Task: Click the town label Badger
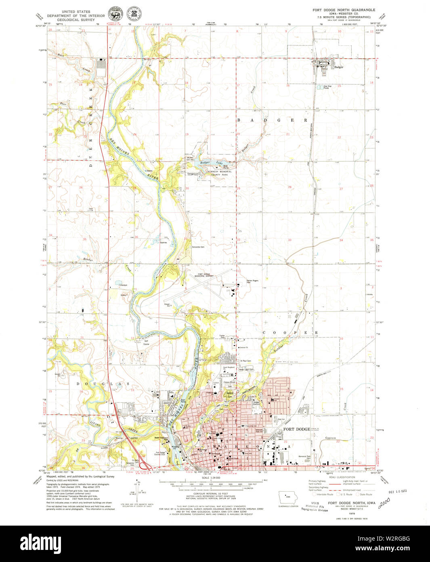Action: click(x=339, y=67)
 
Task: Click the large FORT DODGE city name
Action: click(x=296, y=429)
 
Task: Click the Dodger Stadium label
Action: click(x=256, y=403)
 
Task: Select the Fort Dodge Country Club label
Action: click(x=160, y=453)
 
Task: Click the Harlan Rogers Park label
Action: click(x=252, y=281)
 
